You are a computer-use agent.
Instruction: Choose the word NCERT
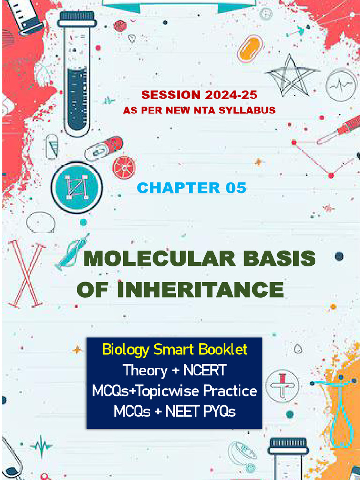click(205, 370)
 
